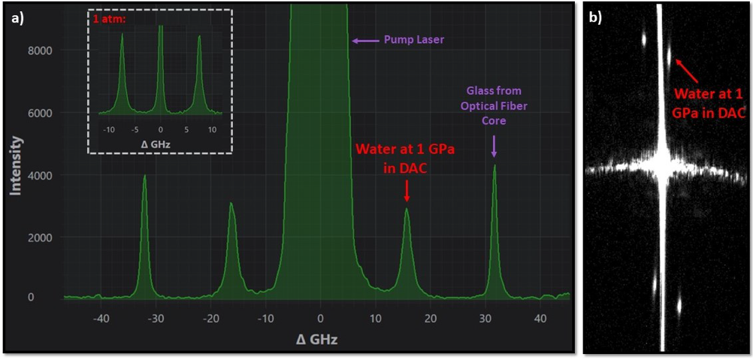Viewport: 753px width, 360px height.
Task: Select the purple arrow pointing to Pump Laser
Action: pos(364,41)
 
